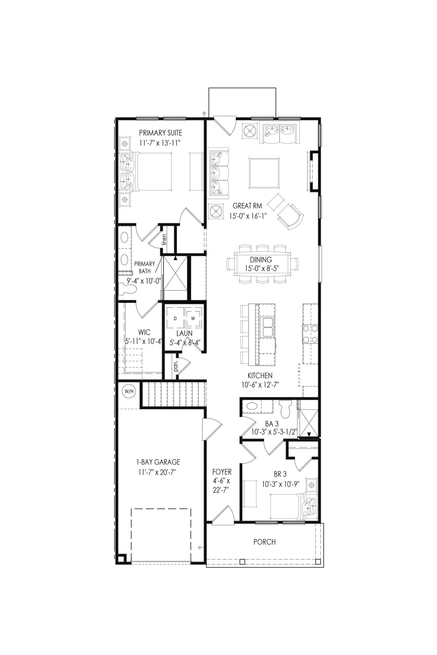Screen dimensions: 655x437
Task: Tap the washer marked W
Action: (193, 318)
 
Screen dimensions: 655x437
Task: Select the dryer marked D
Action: (175, 318)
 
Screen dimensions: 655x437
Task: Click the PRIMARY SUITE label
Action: (161, 133)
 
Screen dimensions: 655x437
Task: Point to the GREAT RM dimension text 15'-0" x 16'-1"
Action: (248, 216)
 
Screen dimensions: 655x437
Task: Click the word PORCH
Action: (265, 542)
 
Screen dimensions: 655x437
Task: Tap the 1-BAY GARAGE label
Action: (158, 462)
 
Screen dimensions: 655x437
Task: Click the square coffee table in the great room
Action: (264, 173)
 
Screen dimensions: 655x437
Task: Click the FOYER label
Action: (222, 472)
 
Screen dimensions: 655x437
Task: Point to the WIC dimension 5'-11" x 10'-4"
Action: (144, 341)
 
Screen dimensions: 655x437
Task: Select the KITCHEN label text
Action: (260, 376)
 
